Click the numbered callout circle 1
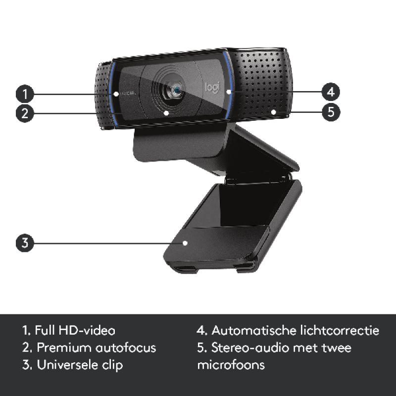[x=25, y=94]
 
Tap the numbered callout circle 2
[x=25, y=113]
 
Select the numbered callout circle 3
[x=25, y=243]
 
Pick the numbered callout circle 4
[x=331, y=92]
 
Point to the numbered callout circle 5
[x=331, y=112]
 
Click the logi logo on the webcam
[x=212, y=87]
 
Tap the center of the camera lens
[x=177, y=89]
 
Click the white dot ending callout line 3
[x=185, y=243]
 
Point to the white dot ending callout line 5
[x=274, y=111]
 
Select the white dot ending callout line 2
[x=166, y=113]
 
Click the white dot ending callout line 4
[x=229, y=92]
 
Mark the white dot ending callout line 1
[x=116, y=94]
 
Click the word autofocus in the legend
[x=126, y=347]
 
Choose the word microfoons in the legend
[x=231, y=365]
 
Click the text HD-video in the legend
[x=87, y=330]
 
